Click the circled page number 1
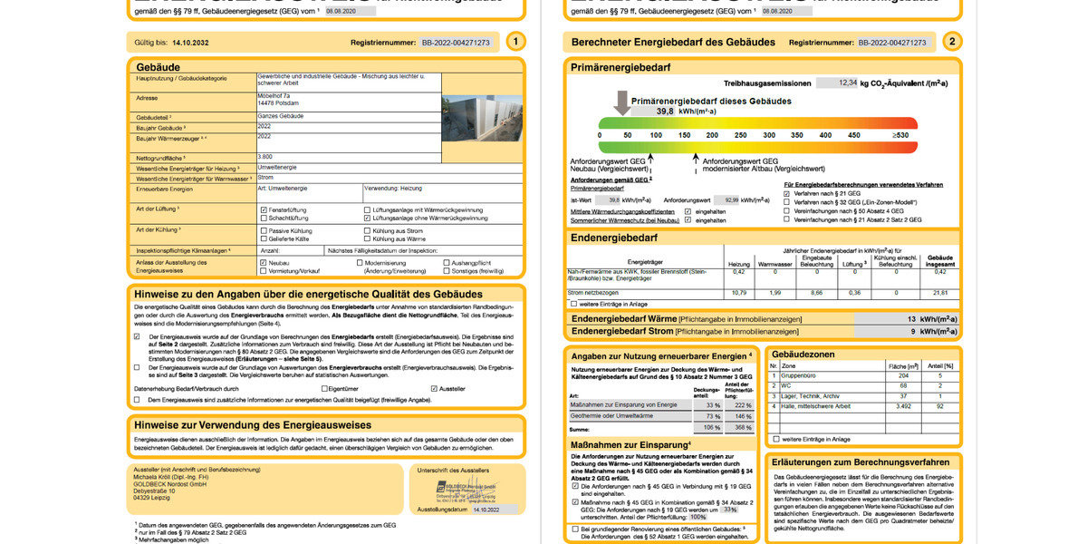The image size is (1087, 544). click(x=515, y=42)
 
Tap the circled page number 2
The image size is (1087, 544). click(x=951, y=42)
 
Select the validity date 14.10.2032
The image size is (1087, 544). click(x=190, y=43)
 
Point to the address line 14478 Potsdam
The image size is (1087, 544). click(x=281, y=103)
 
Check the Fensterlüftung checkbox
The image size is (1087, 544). click(x=263, y=209)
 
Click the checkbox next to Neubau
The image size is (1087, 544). click(x=263, y=263)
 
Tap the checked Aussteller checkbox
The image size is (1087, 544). click(x=435, y=388)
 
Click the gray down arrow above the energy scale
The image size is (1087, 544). click(x=621, y=102)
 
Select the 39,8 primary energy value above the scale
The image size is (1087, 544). click(x=664, y=111)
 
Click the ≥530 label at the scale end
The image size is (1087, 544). click(x=899, y=135)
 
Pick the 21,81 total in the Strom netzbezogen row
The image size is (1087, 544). click(x=939, y=293)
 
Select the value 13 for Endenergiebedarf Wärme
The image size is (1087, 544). click(x=911, y=319)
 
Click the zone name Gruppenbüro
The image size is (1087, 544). click(x=803, y=374)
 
